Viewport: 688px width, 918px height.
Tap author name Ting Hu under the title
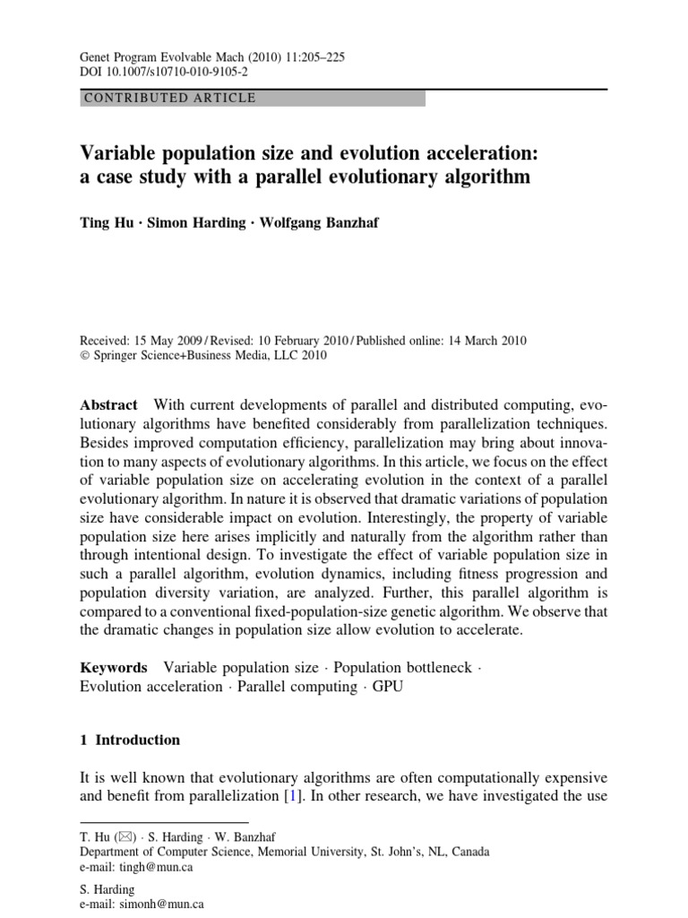[107, 222]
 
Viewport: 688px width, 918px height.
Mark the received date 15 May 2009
[170, 341]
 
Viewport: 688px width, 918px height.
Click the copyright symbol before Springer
[86, 355]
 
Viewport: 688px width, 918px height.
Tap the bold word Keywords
[114, 667]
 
